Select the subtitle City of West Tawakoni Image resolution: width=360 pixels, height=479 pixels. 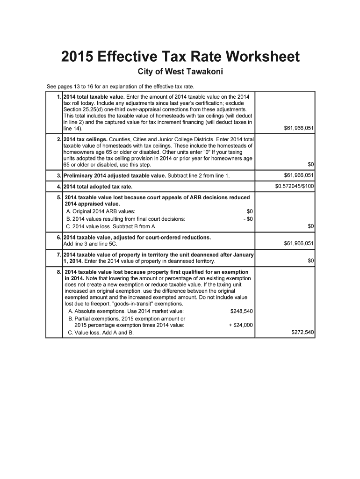(x=180, y=72)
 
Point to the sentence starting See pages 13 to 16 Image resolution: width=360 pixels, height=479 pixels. (x=120, y=87)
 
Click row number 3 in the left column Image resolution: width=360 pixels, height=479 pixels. (x=59, y=176)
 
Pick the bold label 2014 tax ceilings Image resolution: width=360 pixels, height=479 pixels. (x=85, y=139)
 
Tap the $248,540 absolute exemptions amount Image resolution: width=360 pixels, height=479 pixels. (x=242, y=311)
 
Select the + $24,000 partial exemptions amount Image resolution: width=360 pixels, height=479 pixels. (x=240, y=325)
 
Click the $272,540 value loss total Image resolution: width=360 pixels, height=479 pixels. (x=302, y=333)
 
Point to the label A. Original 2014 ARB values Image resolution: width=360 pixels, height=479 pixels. (x=101, y=211)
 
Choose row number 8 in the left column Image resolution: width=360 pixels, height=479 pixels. (x=59, y=272)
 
